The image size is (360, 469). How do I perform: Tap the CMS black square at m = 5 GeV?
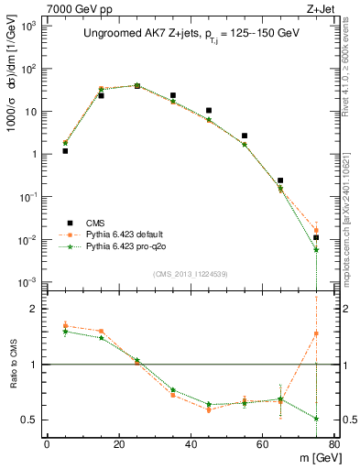point(65,151)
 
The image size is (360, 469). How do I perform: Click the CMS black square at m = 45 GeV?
point(209,111)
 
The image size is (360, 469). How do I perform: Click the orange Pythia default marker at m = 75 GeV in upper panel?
point(316,231)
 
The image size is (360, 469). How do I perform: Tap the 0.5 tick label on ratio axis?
point(30,420)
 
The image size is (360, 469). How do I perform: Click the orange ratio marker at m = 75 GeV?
point(316,333)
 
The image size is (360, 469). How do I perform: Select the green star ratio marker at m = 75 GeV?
point(316,419)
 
